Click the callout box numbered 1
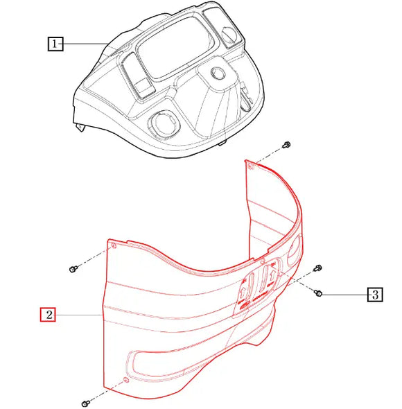click(x=55, y=44)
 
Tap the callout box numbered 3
click(x=374, y=295)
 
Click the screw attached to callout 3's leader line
click(x=320, y=294)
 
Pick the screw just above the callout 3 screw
click(x=318, y=268)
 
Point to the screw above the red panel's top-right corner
click(x=286, y=145)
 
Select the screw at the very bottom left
click(x=85, y=402)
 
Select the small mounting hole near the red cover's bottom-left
click(x=125, y=379)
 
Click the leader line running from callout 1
click(x=87, y=44)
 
